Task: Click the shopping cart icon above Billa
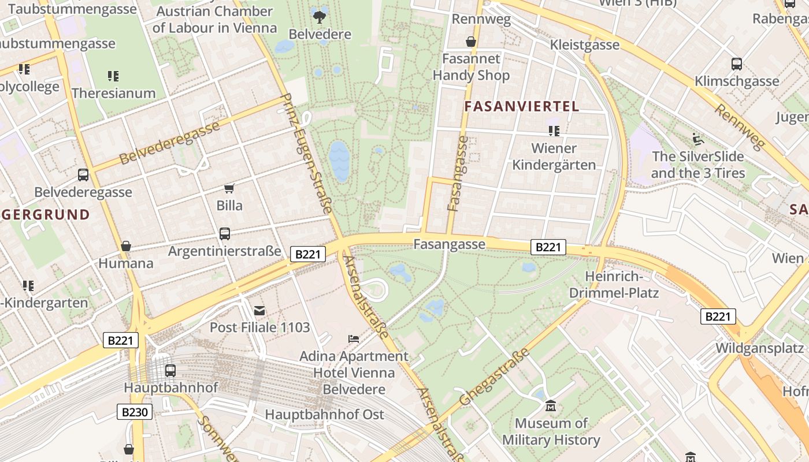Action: tap(229, 188)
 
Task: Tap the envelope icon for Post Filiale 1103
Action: tap(259, 311)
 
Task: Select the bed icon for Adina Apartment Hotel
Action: tap(354, 338)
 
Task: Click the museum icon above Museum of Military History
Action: tap(551, 407)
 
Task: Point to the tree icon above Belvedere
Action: tap(319, 17)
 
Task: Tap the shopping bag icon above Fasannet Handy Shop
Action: tap(471, 42)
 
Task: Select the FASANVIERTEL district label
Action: tap(521, 106)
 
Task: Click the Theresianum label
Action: tap(113, 93)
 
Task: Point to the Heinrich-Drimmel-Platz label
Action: tap(614, 284)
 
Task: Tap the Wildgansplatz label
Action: tap(759, 348)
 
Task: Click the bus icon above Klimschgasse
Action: tap(737, 64)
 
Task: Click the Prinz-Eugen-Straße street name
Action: tap(306, 153)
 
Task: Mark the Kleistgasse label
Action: tap(584, 44)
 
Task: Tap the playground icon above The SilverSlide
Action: tap(697, 139)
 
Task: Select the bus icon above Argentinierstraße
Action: tap(225, 234)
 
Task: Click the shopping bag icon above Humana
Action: tap(126, 246)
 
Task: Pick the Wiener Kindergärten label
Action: tap(554, 157)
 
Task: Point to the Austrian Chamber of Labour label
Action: tap(214, 19)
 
